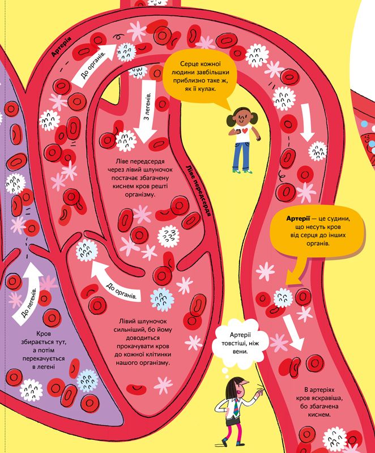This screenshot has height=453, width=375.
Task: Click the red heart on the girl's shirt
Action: (x=242, y=131)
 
